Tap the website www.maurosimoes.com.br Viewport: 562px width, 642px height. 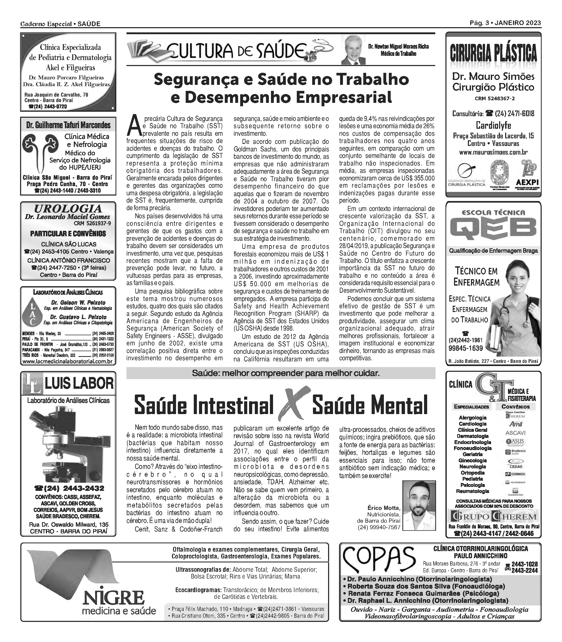(x=493, y=152)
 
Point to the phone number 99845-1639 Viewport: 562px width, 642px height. (x=466, y=348)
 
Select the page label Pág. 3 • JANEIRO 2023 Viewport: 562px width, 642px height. (x=505, y=23)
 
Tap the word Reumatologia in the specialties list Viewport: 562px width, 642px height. (x=472, y=491)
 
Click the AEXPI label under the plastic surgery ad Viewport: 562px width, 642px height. (x=527, y=183)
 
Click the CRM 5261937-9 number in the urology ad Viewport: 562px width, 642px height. (x=92, y=223)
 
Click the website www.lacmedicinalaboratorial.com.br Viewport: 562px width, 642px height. (x=68, y=361)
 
